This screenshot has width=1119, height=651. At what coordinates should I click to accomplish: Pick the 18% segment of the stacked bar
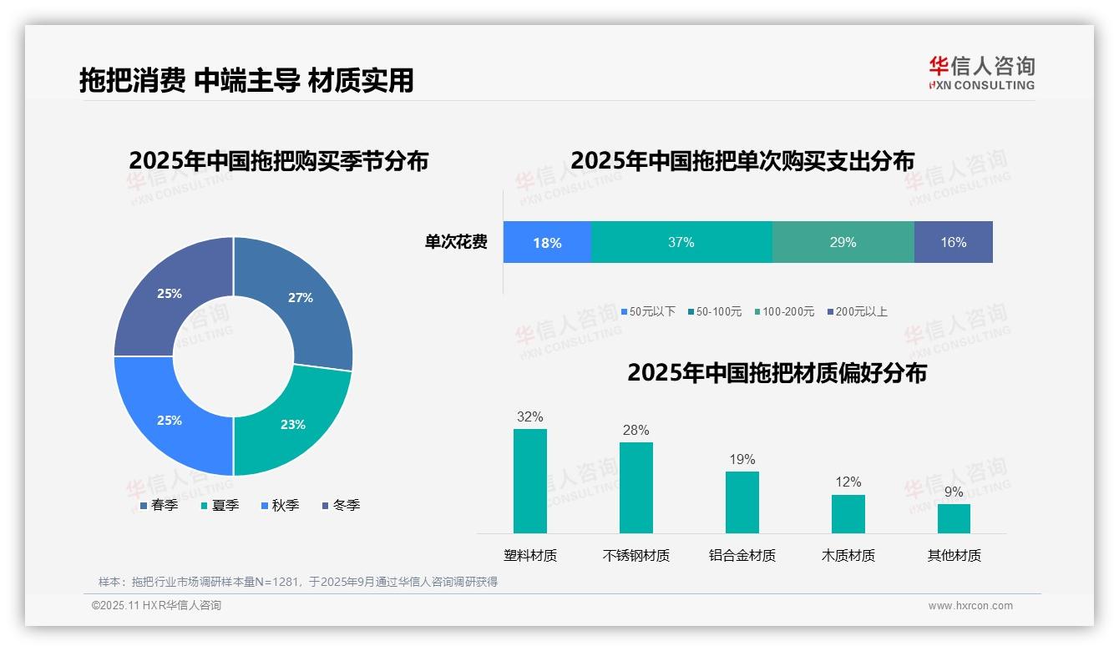(547, 243)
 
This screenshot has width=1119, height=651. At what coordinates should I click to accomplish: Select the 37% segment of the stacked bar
(681, 243)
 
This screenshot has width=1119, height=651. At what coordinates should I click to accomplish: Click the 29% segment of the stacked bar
(843, 243)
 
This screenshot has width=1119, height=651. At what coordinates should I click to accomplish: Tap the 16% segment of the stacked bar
(953, 243)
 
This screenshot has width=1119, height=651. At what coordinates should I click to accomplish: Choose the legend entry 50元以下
(648, 311)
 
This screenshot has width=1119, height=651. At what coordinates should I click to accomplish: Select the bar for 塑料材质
(529, 481)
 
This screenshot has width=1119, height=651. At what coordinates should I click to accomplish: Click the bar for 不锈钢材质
(635, 487)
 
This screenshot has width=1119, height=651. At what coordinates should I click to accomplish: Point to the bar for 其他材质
(954, 518)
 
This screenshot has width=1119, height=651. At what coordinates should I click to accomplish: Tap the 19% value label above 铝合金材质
(742, 459)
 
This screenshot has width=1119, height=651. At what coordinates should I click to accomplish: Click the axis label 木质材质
(848, 555)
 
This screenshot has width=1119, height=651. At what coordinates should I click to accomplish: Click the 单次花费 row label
(456, 243)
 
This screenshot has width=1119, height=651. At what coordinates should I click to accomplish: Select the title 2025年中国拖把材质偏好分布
(777, 372)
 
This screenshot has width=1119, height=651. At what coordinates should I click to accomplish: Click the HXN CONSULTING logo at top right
(981, 73)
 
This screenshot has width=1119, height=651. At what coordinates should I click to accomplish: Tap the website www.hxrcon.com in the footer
(970, 606)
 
